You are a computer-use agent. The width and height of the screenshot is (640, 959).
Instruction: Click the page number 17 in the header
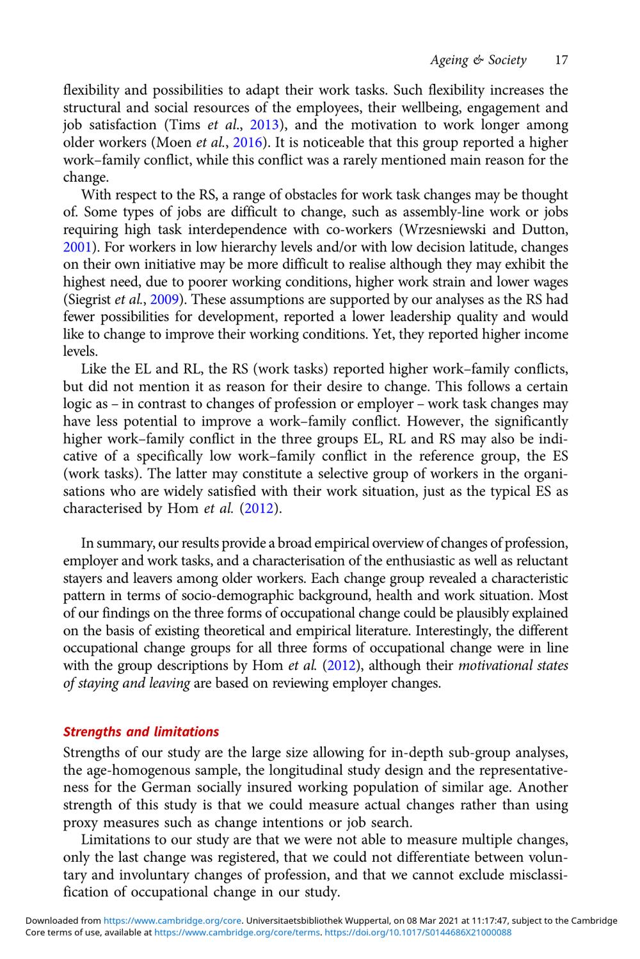click(561, 60)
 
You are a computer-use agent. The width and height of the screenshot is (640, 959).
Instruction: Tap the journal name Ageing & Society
click(478, 60)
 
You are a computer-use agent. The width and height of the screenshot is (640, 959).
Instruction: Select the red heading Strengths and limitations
click(141, 732)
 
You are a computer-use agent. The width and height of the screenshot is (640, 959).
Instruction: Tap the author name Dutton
click(542, 230)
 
